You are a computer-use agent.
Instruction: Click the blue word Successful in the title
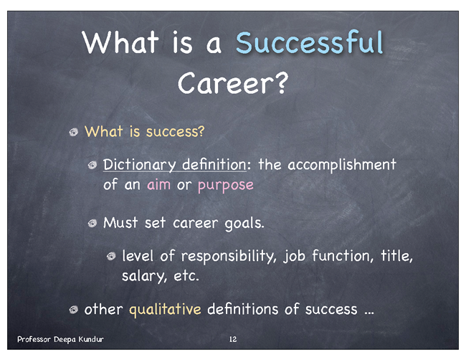310,42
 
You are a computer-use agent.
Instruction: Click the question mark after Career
280,82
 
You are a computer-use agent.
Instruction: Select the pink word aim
158,184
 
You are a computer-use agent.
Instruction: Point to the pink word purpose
226,186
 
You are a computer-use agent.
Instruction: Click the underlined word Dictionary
140,165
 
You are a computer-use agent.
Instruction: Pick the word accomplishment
342,165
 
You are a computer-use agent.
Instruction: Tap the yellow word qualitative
165,310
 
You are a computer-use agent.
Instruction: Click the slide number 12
233,339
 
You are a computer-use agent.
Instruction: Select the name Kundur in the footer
91,339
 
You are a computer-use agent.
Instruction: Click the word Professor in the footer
34,339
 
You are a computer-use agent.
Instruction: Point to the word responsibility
229,256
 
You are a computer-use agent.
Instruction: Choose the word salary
143,276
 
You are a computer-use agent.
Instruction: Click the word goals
244,223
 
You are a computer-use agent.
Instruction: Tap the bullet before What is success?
74,132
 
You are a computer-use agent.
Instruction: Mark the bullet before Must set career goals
92,223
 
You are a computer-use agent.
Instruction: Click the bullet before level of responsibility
111,256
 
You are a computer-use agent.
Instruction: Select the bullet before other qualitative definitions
74,310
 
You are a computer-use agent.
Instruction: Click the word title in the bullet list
396,255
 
